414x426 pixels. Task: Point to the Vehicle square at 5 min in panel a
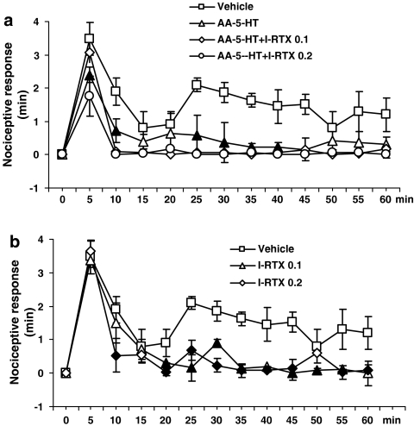89,38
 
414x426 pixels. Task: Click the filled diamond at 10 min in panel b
116,355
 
